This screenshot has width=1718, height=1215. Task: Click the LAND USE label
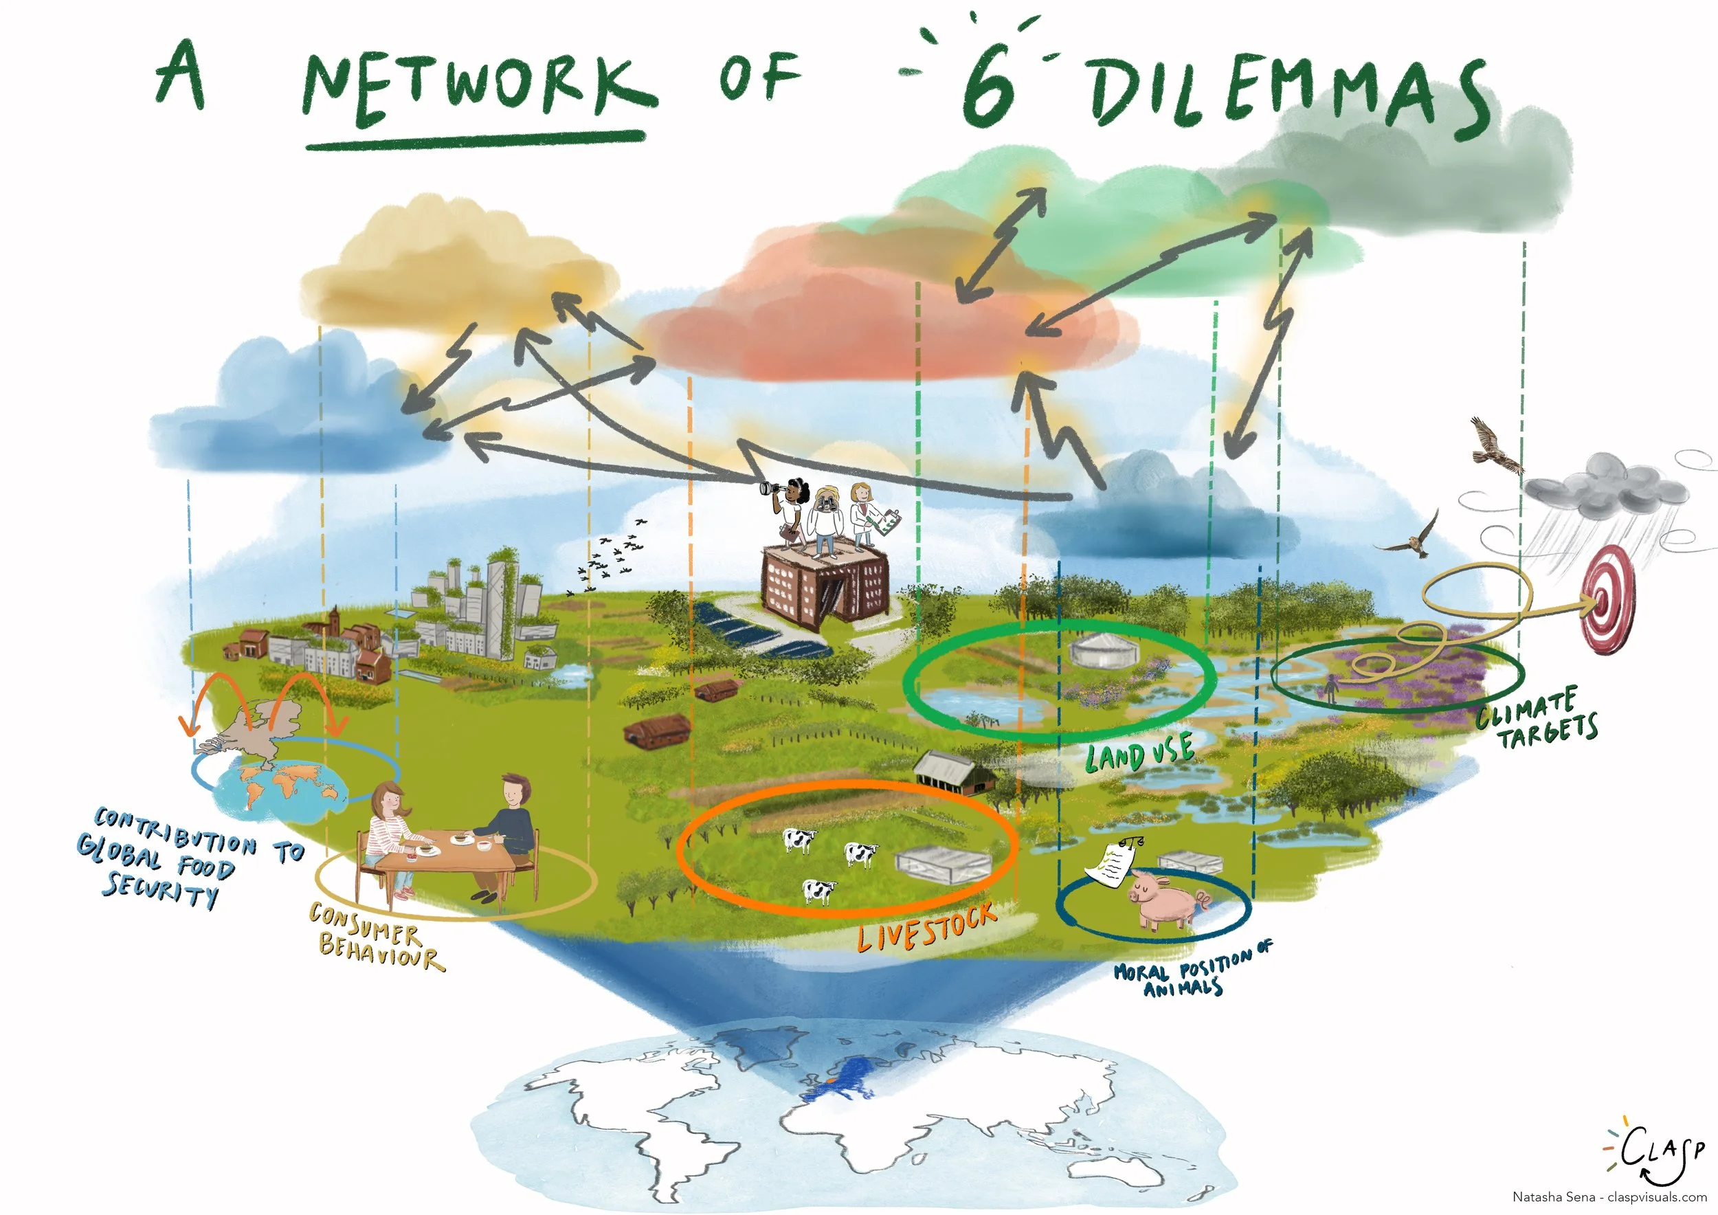1139,753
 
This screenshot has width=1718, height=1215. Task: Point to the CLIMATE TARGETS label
1538,719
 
